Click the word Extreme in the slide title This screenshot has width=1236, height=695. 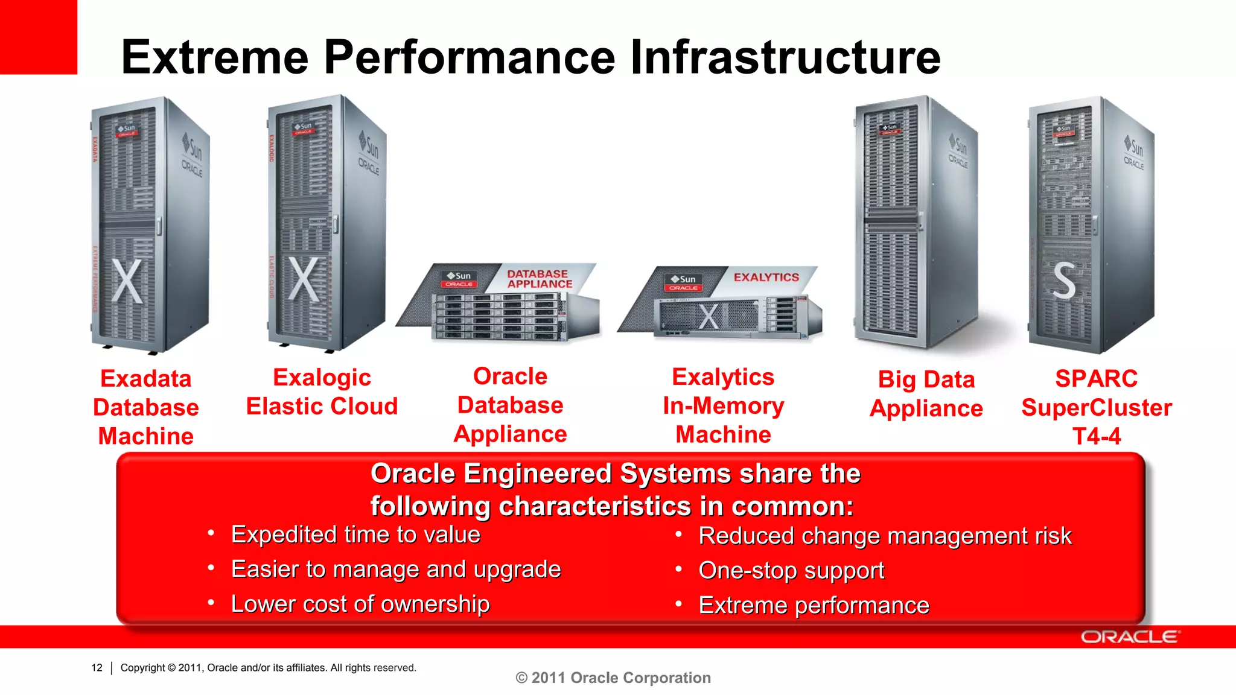pyautogui.click(x=215, y=57)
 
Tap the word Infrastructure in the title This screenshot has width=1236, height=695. pyautogui.click(x=785, y=57)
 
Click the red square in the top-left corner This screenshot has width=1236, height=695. pyautogui.click(x=38, y=36)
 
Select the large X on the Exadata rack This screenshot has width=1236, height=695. pyautogui.click(x=127, y=281)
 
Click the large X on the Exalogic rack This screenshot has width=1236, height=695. pyautogui.click(x=303, y=279)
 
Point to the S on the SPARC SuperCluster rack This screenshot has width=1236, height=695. pyautogui.click(x=1064, y=281)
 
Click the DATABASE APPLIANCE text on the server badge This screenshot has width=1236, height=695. pyautogui.click(x=539, y=279)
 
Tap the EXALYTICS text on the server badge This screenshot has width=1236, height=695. pyautogui.click(x=766, y=278)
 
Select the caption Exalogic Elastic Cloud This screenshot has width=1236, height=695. pyautogui.click(x=322, y=392)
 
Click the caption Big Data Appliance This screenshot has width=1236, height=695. pyautogui.click(x=926, y=394)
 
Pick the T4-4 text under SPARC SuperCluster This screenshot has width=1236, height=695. pyautogui.click(x=1096, y=436)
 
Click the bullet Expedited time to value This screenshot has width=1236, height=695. pyautogui.click(x=355, y=535)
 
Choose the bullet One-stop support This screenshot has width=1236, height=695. pyautogui.click(x=791, y=570)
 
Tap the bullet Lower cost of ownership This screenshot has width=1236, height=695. pyautogui.click(x=360, y=604)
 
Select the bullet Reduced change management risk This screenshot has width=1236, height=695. pyautogui.click(x=885, y=536)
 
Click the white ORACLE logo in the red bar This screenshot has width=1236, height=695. pyautogui.click(x=1129, y=637)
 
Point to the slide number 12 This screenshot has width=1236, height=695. pyautogui.click(x=97, y=667)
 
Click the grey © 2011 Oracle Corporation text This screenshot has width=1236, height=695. pyautogui.click(x=613, y=678)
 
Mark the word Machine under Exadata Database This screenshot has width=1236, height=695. pyautogui.click(x=145, y=436)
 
